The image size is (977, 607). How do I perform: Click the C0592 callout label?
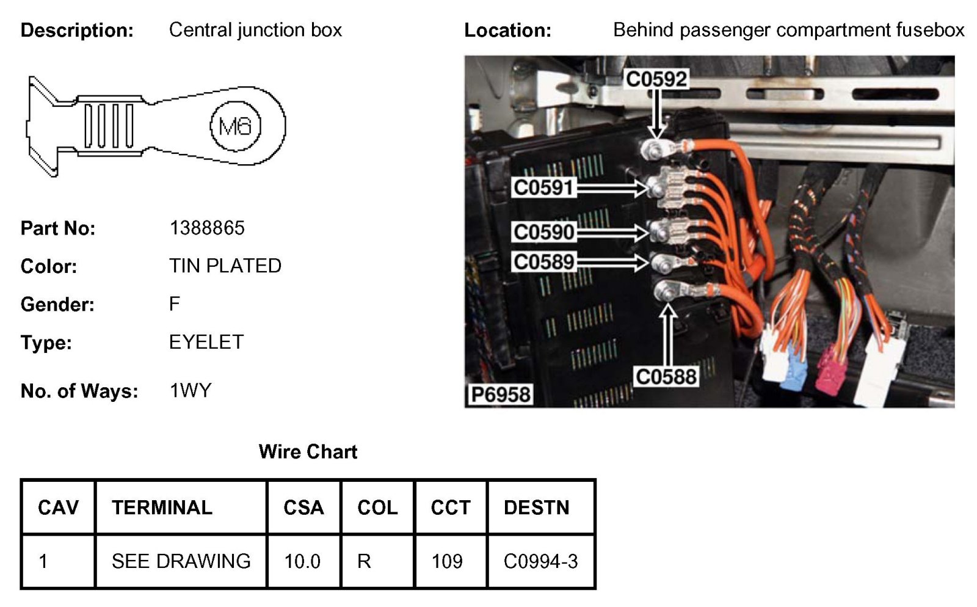point(656,79)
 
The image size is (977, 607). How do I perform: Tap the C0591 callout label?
point(543,187)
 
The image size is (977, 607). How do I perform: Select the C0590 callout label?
point(543,232)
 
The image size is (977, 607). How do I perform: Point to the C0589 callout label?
point(543,262)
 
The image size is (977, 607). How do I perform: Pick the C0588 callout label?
point(666,376)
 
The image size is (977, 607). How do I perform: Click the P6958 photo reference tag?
point(500,394)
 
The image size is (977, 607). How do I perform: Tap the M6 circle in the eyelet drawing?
point(236,126)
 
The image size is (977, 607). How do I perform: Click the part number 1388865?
point(207,228)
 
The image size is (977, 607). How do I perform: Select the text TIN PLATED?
point(225,266)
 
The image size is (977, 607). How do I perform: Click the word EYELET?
point(206,342)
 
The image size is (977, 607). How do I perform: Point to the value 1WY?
point(191,390)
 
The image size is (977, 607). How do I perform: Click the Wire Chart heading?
point(308,451)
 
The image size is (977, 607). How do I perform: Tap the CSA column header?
point(303,507)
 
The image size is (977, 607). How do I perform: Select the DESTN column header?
point(536,507)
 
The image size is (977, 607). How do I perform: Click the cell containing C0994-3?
point(540,561)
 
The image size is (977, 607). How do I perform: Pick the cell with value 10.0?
point(302,561)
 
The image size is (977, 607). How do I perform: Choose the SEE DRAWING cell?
point(181,561)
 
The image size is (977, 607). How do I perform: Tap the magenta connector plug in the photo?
point(830,371)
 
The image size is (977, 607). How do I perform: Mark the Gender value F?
point(175,303)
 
